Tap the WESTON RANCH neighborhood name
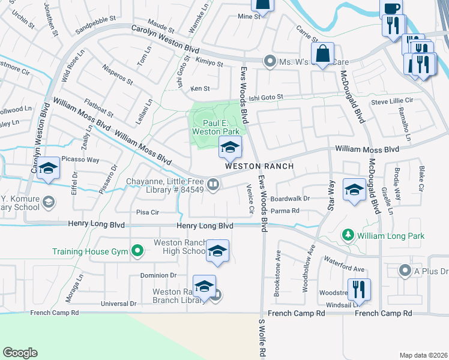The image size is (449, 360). (259, 166)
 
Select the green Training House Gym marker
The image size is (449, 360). (137, 251)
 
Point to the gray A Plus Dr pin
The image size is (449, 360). (406, 271)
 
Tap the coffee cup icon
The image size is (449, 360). (391, 8)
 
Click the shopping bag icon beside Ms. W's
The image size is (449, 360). (322, 52)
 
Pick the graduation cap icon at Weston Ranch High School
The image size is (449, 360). (217, 251)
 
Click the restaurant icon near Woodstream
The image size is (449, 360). (359, 289)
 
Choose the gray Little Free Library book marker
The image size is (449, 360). (213, 184)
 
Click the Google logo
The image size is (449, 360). (20, 353)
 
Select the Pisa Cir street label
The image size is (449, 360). (147, 212)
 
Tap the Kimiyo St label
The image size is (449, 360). (208, 63)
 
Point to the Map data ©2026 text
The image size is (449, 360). (423, 355)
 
